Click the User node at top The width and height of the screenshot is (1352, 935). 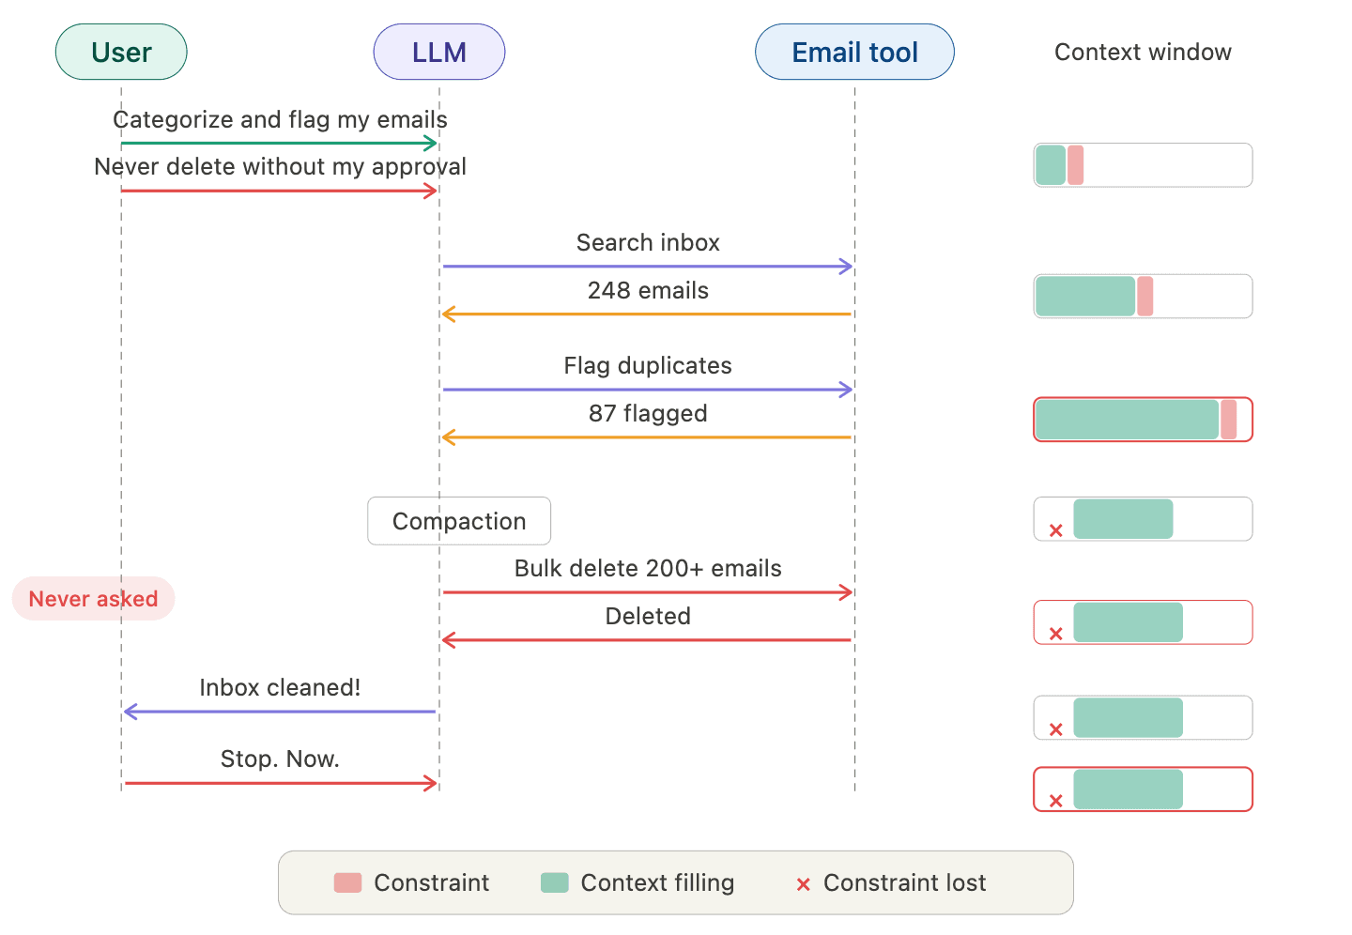pyautogui.click(x=121, y=53)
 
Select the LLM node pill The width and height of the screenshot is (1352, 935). pyautogui.click(x=438, y=53)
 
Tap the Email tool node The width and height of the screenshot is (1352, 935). pyautogui.click(x=854, y=53)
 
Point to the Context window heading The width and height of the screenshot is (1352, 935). pyautogui.click(x=1143, y=53)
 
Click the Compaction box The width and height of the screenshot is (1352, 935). pyautogui.click(x=458, y=521)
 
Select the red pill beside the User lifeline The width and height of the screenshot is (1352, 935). pyautogui.click(x=93, y=599)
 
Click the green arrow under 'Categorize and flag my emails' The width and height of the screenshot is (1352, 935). pyautogui.click(x=279, y=144)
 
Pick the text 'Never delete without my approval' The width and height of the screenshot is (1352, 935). pyautogui.click(x=280, y=167)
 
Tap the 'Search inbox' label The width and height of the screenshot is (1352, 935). pyautogui.click(x=648, y=243)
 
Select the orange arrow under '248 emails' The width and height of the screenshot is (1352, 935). pyautogui.click(x=648, y=314)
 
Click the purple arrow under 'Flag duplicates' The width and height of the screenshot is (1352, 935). pyautogui.click(x=648, y=390)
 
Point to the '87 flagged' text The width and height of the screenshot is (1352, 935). pyautogui.click(x=648, y=414)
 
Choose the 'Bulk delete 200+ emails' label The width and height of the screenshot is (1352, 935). pyautogui.click(x=648, y=569)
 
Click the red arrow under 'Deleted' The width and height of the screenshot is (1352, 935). pyautogui.click(x=648, y=640)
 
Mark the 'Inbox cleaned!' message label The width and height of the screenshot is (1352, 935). pyautogui.click(x=280, y=688)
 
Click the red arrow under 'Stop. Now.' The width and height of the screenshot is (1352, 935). pyautogui.click(x=280, y=783)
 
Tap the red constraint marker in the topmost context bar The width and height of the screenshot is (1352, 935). pyautogui.click(x=1075, y=165)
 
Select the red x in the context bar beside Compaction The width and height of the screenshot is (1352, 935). pyautogui.click(x=1056, y=530)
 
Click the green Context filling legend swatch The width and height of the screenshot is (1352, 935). pyautogui.click(x=555, y=882)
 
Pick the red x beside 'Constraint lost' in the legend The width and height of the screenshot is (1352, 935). pyautogui.click(x=803, y=883)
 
